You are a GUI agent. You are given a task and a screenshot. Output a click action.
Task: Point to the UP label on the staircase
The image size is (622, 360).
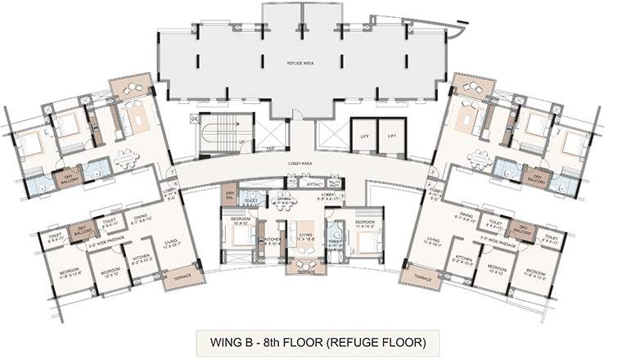pos(242,142)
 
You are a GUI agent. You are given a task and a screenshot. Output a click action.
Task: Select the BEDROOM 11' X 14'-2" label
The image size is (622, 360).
pos(365,223)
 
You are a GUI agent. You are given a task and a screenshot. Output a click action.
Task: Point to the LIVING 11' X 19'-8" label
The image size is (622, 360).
pos(305,238)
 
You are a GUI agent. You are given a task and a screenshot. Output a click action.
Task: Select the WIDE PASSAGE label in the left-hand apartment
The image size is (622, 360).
pos(99,243)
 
